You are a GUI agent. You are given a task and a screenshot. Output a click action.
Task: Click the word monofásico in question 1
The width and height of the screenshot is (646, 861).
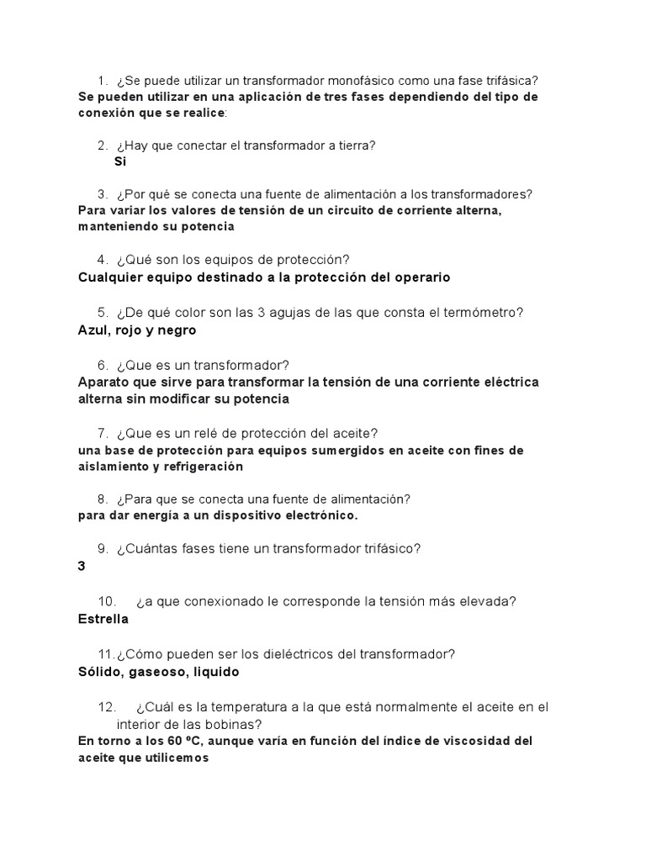[370, 81]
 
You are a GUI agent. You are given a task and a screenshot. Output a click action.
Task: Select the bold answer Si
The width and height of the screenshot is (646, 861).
[120, 161]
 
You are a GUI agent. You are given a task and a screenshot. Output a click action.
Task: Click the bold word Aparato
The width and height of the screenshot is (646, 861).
[104, 382]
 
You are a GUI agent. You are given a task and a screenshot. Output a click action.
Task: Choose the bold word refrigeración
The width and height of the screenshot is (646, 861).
[237, 466]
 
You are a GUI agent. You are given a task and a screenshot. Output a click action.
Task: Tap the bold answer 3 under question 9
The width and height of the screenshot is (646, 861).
[82, 567]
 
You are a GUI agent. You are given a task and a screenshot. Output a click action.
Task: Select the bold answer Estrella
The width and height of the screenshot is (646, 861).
[103, 619]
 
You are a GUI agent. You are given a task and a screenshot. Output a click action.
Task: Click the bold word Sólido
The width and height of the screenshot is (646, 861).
[98, 672]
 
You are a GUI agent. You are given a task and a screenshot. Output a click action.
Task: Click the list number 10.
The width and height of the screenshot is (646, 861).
[106, 602]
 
